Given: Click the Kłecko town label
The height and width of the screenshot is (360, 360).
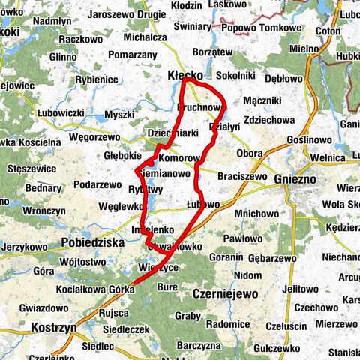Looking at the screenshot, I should click(184, 76).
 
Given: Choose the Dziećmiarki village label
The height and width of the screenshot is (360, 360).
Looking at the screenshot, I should click(172, 133).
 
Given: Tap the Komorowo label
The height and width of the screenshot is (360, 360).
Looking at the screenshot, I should click(181, 158).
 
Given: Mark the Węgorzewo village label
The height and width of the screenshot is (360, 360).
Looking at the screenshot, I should click(94, 137).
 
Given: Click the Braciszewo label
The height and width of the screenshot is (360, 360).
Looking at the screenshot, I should click(242, 176).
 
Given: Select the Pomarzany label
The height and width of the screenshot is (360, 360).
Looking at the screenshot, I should click(132, 55).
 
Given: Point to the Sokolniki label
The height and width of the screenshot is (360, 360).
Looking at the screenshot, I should click(235, 76).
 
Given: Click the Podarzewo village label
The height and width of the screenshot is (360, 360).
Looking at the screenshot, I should click(98, 184).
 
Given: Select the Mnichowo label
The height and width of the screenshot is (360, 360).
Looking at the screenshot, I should click(256, 213).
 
